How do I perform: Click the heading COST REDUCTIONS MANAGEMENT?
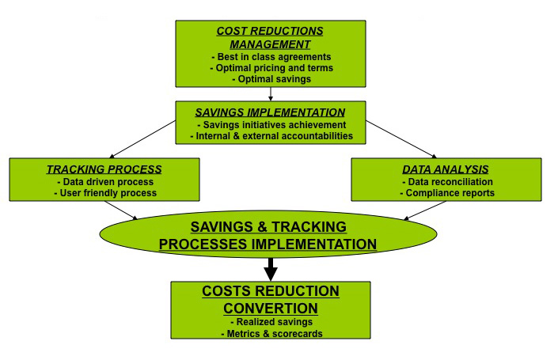[271, 37]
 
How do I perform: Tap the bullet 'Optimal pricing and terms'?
[271, 68]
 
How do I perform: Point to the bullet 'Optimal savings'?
[271, 79]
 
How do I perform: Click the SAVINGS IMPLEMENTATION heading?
[271, 112]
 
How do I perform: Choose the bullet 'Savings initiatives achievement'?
[271, 124]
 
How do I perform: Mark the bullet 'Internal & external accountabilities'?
[271, 136]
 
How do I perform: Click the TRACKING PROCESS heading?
[104, 169]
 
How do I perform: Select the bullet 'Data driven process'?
[104, 181]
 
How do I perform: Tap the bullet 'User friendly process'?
[104, 193]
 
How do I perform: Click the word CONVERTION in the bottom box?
[271, 308]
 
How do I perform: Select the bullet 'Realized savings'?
[271, 323]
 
